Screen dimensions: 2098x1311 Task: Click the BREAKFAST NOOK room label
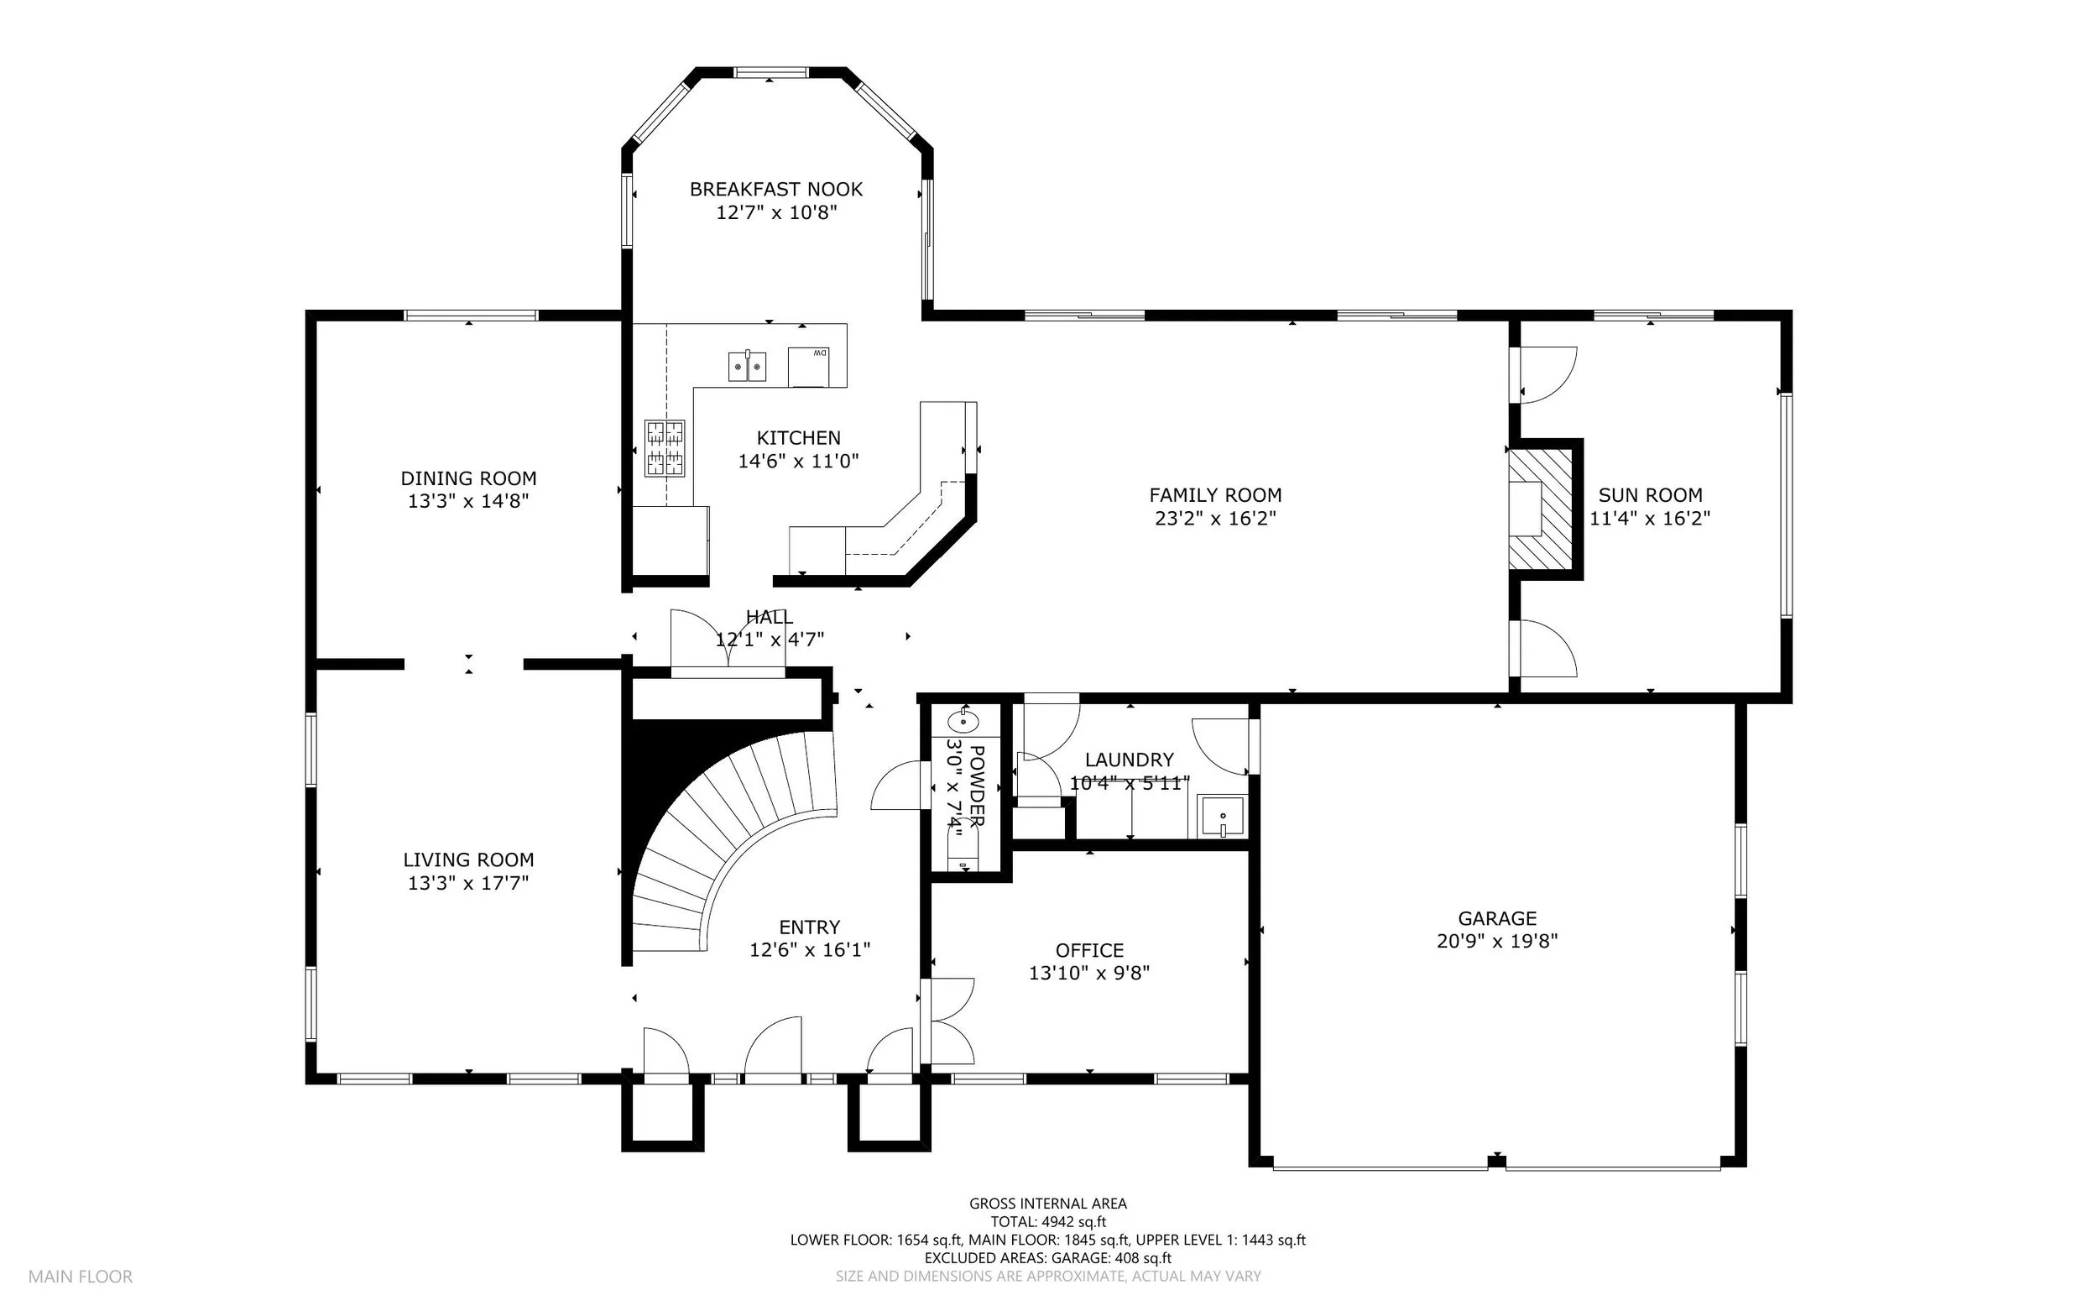coord(776,189)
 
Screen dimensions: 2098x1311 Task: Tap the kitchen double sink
coord(746,366)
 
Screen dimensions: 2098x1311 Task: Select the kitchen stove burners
coord(664,448)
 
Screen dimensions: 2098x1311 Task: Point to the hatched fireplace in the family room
coord(1541,509)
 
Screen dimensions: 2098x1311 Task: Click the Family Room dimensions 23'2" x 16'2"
coord(1215,519)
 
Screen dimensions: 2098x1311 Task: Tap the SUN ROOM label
coord(1650,495)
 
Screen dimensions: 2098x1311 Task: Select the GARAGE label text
coord(1497,918)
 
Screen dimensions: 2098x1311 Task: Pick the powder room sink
coord(963,719)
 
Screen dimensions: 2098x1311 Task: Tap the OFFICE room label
coord(1090,950)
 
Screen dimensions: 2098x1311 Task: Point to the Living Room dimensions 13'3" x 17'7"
coord(468,884)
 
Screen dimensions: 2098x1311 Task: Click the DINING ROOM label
coord(468,478)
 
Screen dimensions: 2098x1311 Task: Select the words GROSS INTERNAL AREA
coord(1048,1204)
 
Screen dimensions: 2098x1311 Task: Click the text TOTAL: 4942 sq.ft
coord(1048,1222)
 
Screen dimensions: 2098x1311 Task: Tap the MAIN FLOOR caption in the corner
coord(81,1277)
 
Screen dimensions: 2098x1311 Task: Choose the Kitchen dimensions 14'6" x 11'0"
coord(798,462)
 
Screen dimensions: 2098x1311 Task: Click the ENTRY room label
coord(810,927)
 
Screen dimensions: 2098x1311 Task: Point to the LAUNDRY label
coord(1129,760)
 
